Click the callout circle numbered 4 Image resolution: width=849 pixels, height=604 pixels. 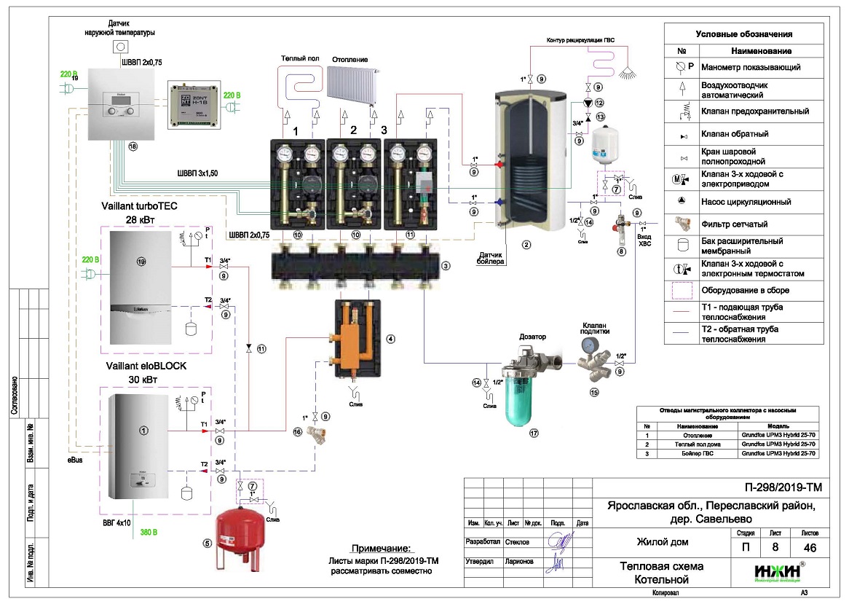(x=390, y=339)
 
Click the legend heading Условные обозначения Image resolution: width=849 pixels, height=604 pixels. (x=743, y=34)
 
